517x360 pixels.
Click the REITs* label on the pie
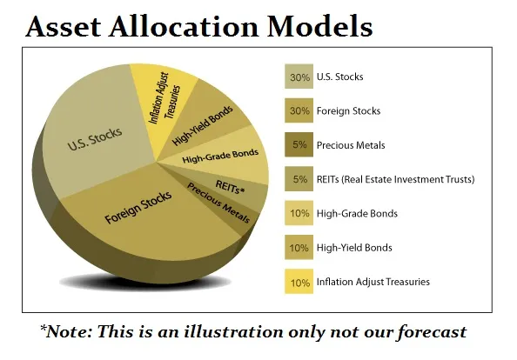click(230, 187)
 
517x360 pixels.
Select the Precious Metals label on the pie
click(218, 203)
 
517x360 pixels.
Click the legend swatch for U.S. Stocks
click(299, 77)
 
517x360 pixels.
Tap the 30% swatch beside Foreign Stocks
click(299, 110)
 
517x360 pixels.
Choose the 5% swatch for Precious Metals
click(299, 144)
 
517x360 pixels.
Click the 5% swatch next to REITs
click(299, 179)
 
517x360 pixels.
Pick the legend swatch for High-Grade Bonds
click(299, 213)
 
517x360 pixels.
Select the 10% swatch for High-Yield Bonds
click(299, 247)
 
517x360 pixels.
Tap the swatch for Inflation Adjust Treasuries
click(299, 282)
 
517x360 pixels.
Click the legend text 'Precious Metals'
click(351, 145)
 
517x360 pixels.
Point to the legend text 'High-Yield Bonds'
click(354, 248)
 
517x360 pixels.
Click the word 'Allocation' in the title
click(184, 27)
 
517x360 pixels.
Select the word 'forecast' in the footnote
click(432, 331)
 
